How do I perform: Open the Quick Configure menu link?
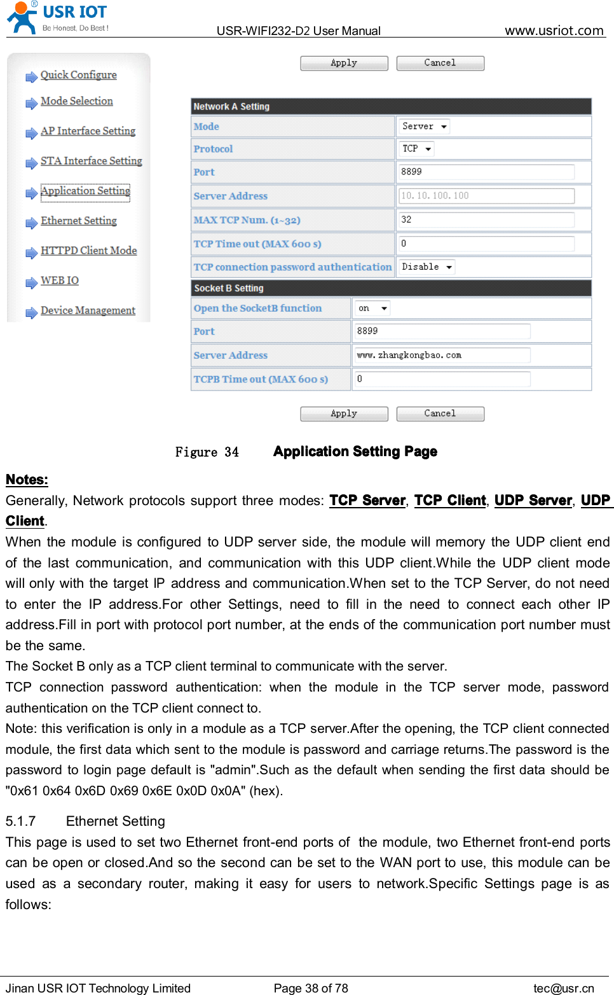(x=78, y=75)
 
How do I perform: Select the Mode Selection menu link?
(x=76, y=101)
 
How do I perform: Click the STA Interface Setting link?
(x=91, y=161)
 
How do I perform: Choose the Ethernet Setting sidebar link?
(x=78, y=221)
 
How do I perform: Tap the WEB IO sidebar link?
(x=60, y=281)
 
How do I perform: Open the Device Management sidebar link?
(x=88, y=310)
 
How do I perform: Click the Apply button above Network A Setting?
(x=344, y=63)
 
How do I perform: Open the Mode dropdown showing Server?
(x=424, y=127)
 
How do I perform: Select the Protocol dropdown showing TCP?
(x=416, y=149)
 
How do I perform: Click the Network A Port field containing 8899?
(x=486, y=172)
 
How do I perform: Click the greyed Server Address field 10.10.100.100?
(x=486, y=196)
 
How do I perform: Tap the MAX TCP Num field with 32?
(x=486, y=220)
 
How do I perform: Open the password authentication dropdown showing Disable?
(x=426, y=267)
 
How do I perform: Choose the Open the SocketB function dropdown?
(x=372, y=309)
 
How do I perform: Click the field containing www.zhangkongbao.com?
(x=442, y=356)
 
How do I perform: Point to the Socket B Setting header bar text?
(x=229, y=288)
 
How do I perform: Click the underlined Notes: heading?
(x=27, y=480)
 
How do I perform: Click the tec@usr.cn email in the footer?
(x=563, y=988)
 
